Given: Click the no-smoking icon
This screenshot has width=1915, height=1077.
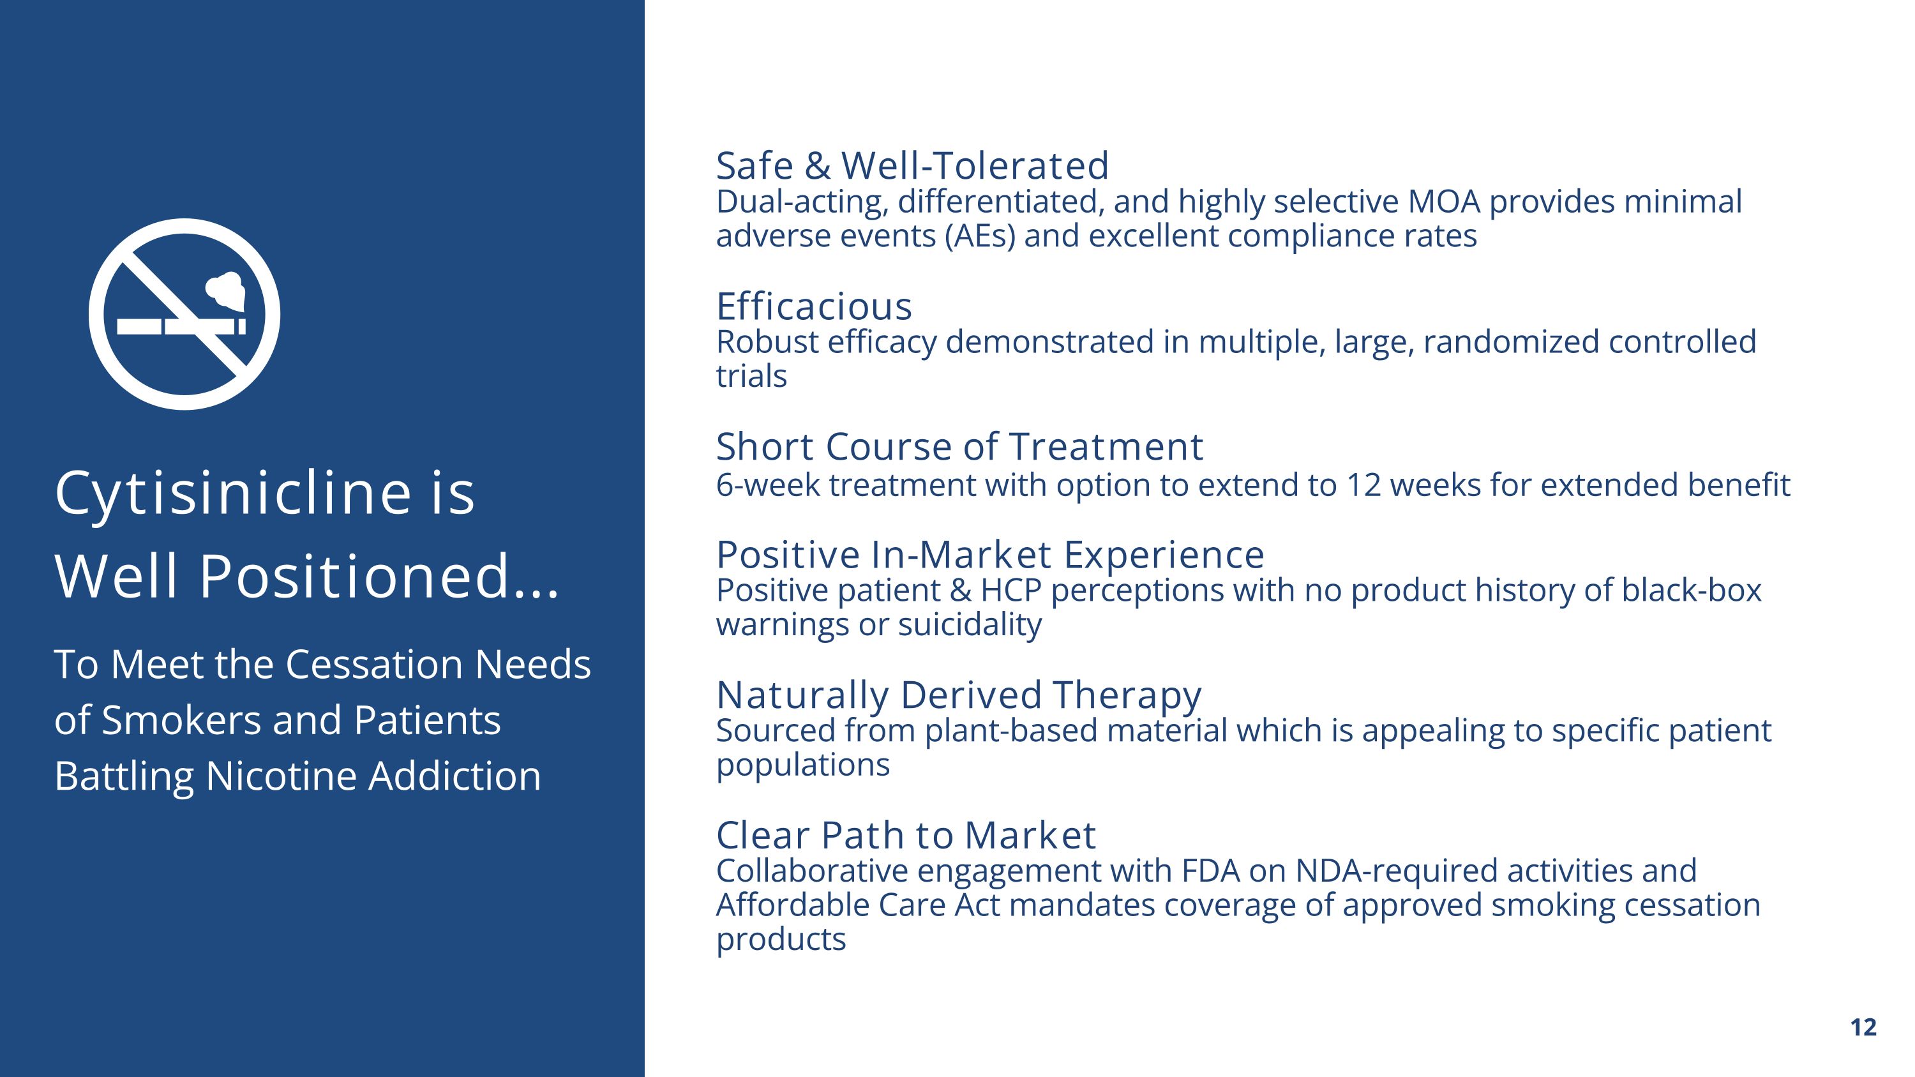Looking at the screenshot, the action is pyautogui.click(x=184, y=314).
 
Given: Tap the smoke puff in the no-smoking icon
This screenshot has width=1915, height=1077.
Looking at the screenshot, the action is pyautogui.click(x=225, y=290).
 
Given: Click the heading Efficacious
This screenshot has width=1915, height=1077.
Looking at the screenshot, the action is pyautogui.click(x=814, y=306).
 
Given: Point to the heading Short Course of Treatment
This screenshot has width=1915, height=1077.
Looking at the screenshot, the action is pyautogui.click(x=959, y=447).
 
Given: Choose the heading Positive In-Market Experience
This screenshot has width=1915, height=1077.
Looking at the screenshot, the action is pyautogui.click(x=990, y=555).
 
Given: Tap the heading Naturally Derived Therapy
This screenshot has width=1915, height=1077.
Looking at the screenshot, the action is pyautogui.click(x=958, y=696).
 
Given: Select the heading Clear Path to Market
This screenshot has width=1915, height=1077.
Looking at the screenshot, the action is pyautogui.click(x=905, y=834).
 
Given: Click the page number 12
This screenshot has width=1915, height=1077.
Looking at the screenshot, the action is pyautogui.click(x=1863, y=1027).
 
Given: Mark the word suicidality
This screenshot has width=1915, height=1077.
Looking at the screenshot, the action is pyautogui.click(x=970, y=625).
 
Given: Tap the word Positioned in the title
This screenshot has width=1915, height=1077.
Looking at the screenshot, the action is pyautogui.click(x=354, y=576).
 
